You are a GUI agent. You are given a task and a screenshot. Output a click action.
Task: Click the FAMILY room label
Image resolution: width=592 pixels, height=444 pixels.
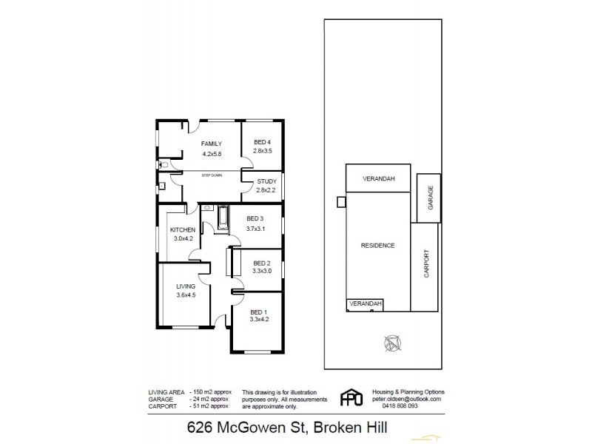point(212,143)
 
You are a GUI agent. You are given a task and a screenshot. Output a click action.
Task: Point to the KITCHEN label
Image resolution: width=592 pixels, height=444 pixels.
point(181,230)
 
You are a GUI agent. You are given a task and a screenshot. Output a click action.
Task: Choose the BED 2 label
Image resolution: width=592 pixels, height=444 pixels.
point(262,263)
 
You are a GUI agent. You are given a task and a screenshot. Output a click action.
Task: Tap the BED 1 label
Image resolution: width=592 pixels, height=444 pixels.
point(258,312)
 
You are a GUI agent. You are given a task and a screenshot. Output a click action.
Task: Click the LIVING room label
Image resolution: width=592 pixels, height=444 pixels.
point(186,286)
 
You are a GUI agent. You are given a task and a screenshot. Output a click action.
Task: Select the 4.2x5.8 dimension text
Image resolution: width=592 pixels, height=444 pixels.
point(212,154)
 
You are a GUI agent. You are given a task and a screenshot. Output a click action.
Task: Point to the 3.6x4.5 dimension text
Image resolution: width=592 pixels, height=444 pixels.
point(186,296)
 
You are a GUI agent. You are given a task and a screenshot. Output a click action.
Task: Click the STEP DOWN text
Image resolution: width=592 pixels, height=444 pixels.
point(212,175)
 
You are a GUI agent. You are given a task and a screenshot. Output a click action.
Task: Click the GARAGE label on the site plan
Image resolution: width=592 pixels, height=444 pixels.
point(430,196)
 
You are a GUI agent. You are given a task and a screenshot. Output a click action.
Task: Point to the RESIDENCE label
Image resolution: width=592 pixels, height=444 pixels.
point(377,246)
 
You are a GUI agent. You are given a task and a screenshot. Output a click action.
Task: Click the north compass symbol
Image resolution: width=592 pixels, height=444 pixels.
point(391,343)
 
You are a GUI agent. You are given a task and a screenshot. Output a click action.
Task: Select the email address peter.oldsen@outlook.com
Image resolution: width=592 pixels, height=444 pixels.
point(406,399)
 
